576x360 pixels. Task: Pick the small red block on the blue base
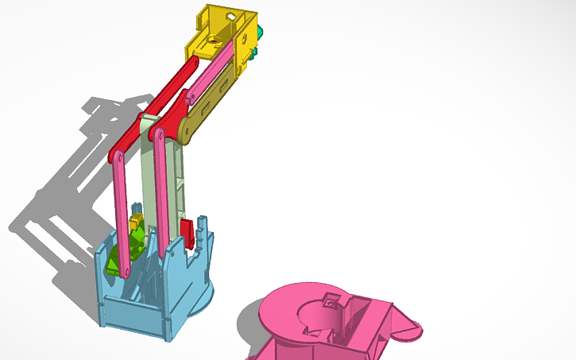pyautogui.click(x=188, y=231)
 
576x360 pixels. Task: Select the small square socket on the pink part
pyautogui.click(x=332, y=300)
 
